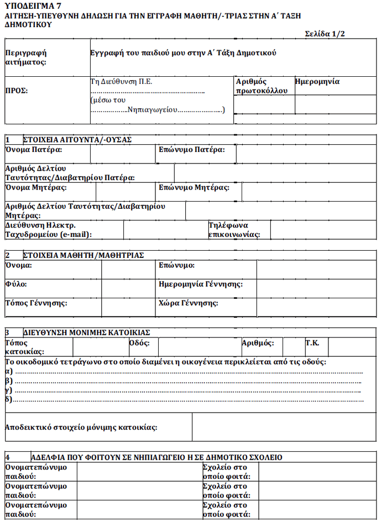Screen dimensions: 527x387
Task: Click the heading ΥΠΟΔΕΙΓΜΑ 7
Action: pyautogui.click(x=33, y=6)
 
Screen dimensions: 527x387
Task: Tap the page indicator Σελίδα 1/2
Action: pyautogui.click(x=326, y=34)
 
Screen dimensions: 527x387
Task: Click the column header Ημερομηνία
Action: pyautogui.click(x=317, y=81)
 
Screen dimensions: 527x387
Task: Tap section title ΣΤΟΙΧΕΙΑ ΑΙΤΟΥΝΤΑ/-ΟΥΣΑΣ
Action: pyautogui.click(x=77, y=140)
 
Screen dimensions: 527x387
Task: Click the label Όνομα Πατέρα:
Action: pyautogui.click(x=33, y=150)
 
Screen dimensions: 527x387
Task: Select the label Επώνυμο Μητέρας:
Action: pyautogui.click(x=193, y=188)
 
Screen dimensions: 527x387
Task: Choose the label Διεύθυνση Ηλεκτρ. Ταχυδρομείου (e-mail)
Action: pyautogui.click(x=48, y=230)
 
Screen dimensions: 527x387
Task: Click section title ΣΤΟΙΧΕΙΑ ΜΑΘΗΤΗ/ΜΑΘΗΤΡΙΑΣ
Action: pyautogui.click(x=83, y=255)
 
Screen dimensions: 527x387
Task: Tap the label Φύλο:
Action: pyautogui.click(x=15, y=284)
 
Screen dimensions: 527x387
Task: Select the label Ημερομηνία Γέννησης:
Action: pyautogui.click(x=200, y=284)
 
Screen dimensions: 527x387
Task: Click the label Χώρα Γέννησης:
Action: pyautogui.click(x=188, y=303)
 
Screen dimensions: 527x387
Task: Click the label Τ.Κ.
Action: pyautogui.click(x=312, y=343)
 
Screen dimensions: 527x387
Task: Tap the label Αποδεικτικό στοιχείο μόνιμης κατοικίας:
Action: pyautogui.click(x=81, y=427)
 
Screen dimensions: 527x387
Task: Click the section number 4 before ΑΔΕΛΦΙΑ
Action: pyautogui.click(x=7, y=457)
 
